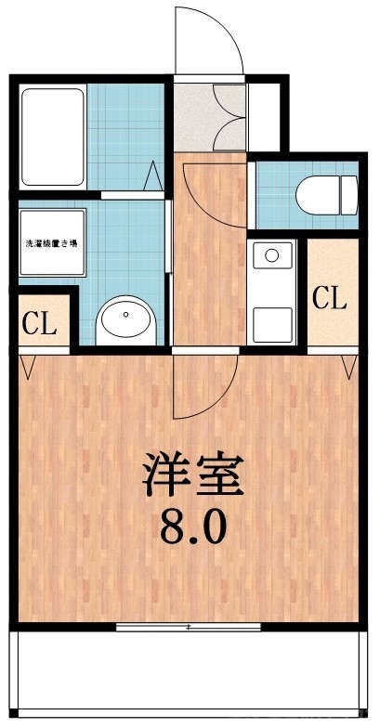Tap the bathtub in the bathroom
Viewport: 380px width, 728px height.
coord(53,137)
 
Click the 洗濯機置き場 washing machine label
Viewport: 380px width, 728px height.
coord(52,243)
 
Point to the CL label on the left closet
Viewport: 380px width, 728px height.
coord(39,325)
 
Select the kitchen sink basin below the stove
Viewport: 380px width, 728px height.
coord(273,320)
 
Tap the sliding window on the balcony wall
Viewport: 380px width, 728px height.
coord(190,627)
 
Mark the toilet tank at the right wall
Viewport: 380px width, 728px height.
coord(349,196)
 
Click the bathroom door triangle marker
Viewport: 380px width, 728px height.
coord(155,175)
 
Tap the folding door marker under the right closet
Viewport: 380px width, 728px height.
coord(350,366)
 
